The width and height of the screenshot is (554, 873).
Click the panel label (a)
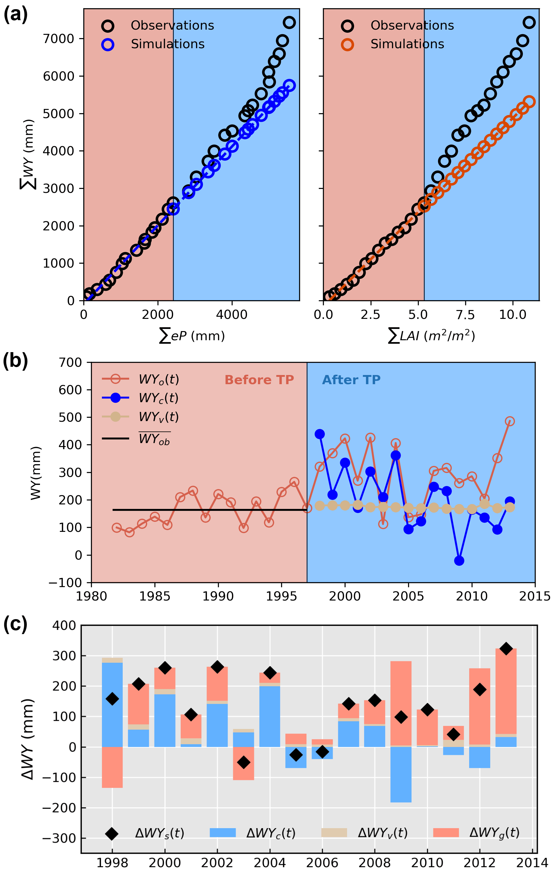click(15, 15)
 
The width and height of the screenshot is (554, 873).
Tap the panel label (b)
click(15, 362)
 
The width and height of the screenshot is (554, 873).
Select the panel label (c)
click(15, 624)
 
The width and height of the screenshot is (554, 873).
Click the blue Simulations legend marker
click(108, 45)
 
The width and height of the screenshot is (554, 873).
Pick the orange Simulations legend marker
click(347, 45)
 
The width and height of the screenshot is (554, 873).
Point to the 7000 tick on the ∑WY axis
click(58, 38)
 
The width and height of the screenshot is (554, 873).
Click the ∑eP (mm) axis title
click(192, 336)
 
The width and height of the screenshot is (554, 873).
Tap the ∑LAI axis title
click(432, 336)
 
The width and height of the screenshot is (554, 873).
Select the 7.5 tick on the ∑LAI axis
click(465, 315)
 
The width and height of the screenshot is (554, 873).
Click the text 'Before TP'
click(259, 380)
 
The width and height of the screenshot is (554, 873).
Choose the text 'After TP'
click(351, 380)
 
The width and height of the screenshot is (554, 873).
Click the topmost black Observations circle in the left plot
click(289, 23)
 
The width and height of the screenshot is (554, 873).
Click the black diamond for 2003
click(244, 762)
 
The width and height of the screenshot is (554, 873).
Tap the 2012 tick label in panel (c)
click(480, 863)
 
